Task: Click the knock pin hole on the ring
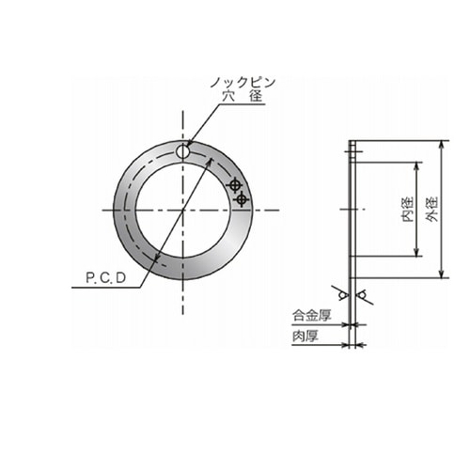point(182,152)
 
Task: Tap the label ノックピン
point(243,83)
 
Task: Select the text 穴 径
point(243,96)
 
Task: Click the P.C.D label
point(106,278)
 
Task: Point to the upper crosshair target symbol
point(234,185)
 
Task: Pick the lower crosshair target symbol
point(242,199)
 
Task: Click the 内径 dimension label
point(408,210)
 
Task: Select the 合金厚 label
point(312,315)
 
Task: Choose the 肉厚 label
point(305,337)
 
